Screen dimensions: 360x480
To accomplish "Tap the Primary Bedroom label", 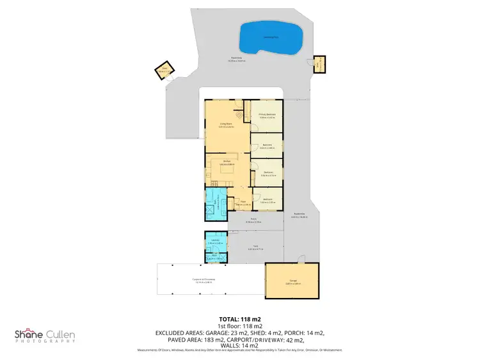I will pos(267,116).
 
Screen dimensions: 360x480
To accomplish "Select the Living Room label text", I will pos(226,125).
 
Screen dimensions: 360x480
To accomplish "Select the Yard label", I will pos(254,247).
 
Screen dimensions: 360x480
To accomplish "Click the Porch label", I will pos(254,219).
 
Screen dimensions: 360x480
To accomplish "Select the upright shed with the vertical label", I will pos(318,63).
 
